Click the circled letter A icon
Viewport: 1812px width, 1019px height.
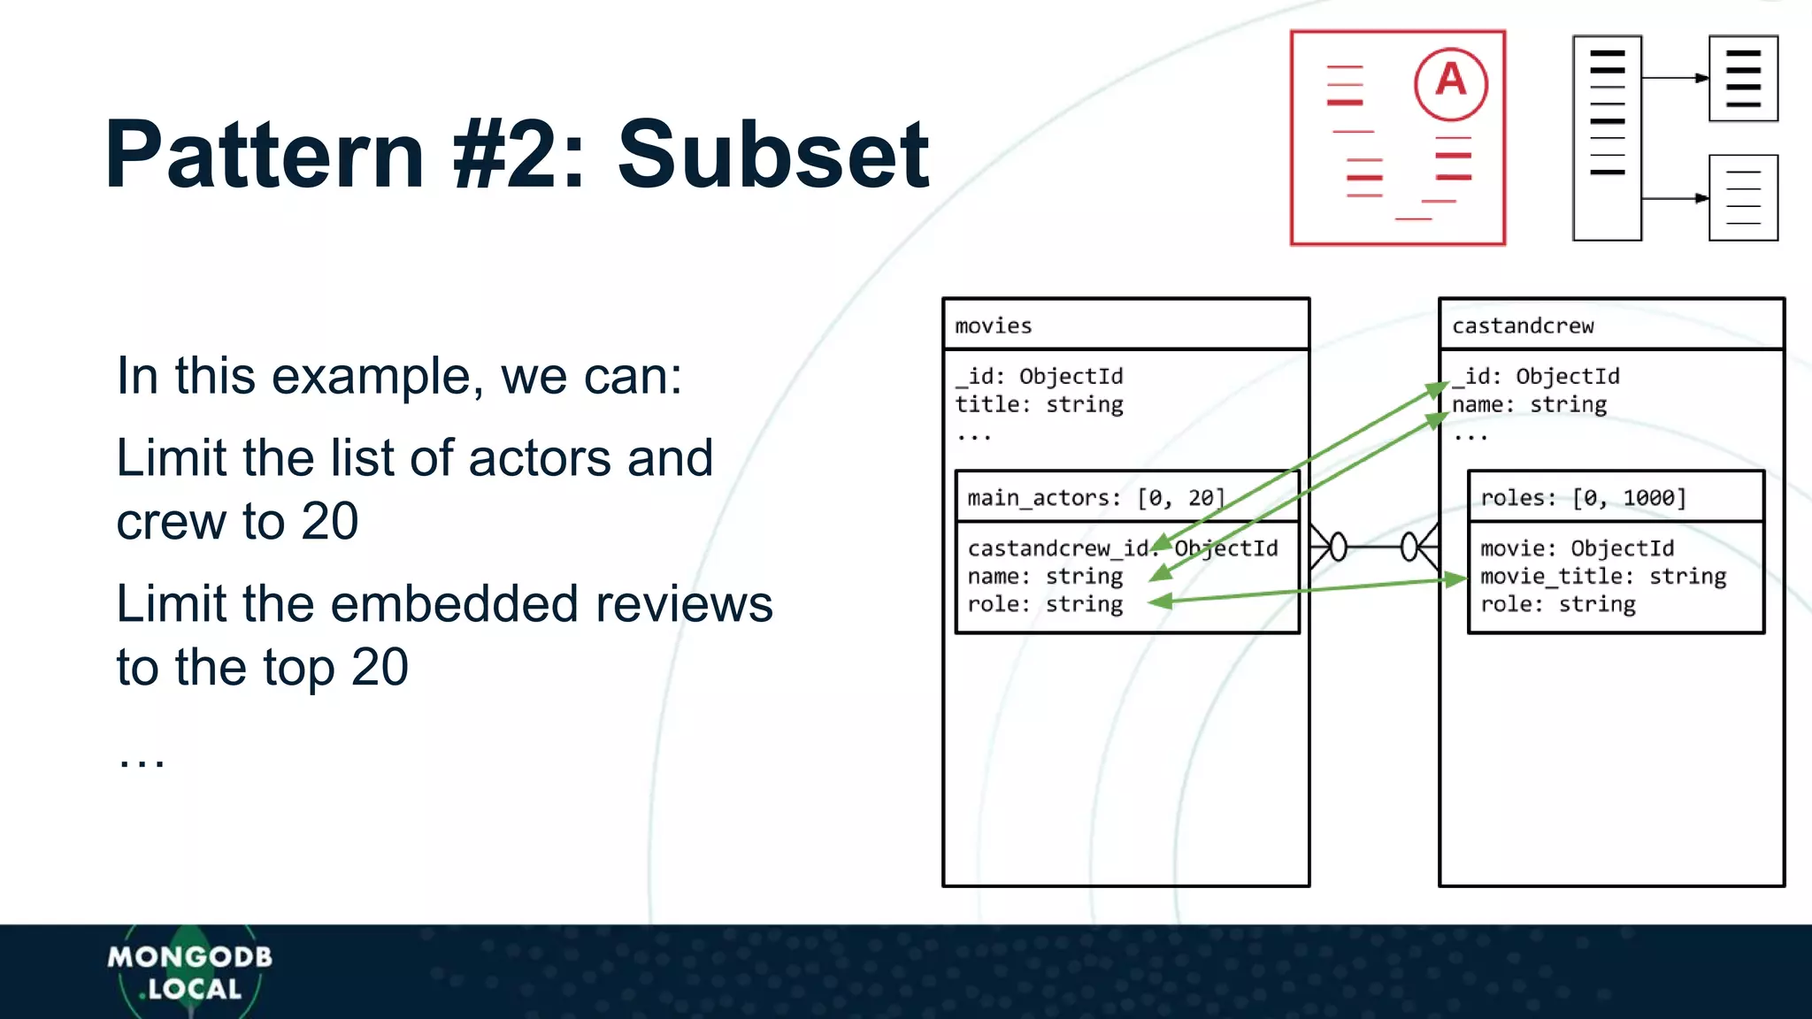pyautogui.click(x=1450, y=83)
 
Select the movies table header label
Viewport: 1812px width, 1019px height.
pyautogui.click(x=993, y=326)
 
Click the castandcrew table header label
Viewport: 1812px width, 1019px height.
pyautogui.click(x=1522, y=326)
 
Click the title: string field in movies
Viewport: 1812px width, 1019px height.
pyautogui.click(x=1039, y=404)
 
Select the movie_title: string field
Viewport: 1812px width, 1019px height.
pyautogui.click(x=1602, y=576)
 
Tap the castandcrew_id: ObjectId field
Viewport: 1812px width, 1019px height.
pyautogui.click(x=1122, y=548)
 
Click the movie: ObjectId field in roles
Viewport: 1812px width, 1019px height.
pyautogui.click(x=1577, y=548)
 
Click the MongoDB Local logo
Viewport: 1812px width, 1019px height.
pyautogui.click(x=189, y=972)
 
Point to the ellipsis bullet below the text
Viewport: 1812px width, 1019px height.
pyautogui.click(x=142, y=760)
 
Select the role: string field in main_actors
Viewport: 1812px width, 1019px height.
pyautogui.click(x=1044, y=604)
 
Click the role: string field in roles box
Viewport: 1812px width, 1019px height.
pyautogui.click(x=1557, y=604)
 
